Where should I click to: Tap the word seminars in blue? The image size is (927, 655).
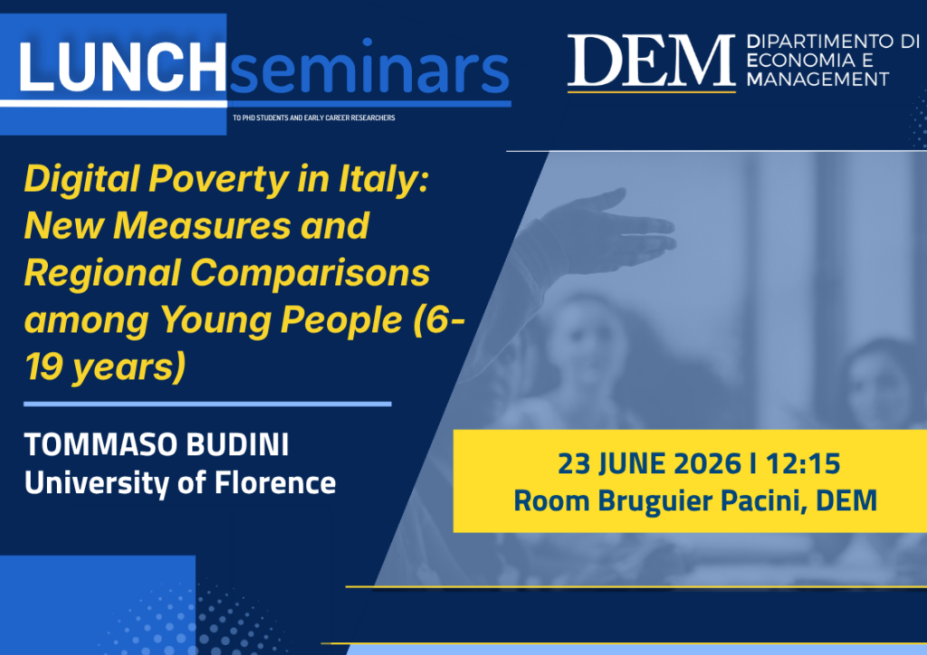pos(369,67)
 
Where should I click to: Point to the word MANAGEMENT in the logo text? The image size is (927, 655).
pos(817,79)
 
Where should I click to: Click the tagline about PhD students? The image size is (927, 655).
pos(314,118)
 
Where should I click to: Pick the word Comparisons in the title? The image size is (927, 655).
pos(311,273)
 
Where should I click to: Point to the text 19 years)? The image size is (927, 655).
pos(105,367)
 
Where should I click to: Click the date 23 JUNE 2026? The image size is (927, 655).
pos(649,463)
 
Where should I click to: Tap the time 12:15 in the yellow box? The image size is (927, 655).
pos(803,463)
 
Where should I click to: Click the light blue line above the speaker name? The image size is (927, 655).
pos(207,404)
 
